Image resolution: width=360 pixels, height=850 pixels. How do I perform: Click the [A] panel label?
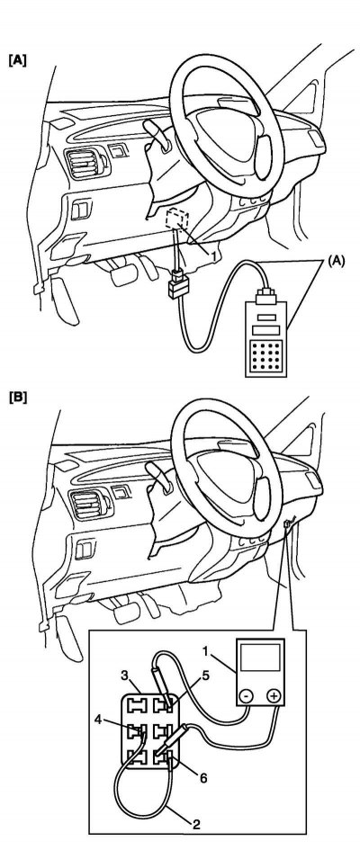(17, 59)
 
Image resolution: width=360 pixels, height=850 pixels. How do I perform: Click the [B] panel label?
(17, 398)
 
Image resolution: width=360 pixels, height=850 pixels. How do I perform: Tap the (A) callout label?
(336, 261)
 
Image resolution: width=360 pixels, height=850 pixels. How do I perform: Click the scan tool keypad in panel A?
(265, 355)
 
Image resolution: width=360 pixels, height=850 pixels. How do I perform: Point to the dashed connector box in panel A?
(177, 218)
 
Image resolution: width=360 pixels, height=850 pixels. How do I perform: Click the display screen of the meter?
(260, 661)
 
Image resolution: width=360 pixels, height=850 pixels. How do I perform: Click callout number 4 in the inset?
(98, 720)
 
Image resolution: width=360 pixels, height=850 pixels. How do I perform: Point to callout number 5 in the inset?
(205, 676)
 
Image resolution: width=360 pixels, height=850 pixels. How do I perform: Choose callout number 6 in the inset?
(204, 778)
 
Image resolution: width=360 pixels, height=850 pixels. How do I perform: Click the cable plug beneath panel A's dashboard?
(177, 285)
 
